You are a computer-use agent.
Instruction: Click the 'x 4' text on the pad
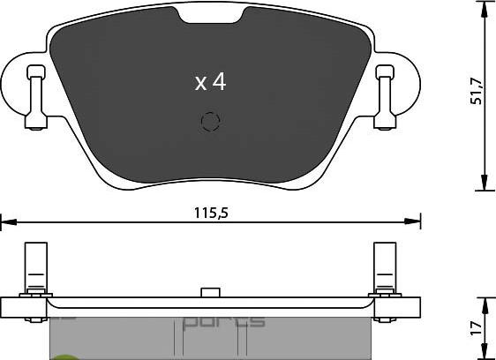click(x=210, y=83)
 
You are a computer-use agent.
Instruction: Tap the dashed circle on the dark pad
click(x=210, y=121)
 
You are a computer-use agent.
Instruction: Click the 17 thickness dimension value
click(x=477, y=328)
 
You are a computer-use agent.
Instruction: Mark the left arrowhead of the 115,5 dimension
click(x=6, y=221)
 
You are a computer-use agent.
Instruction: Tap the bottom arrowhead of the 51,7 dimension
click(x=485, y=184)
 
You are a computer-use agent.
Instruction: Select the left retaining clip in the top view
click(x=35, y=95)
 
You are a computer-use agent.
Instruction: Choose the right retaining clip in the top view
click(x=385, y=95)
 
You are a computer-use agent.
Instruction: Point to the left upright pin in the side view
click(x=34, y=265)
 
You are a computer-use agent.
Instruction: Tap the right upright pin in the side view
click(x=385, y=265)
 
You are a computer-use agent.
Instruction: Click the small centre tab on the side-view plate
click(x=210, y=292)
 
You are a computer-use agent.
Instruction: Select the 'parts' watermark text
click(x=222, y=320)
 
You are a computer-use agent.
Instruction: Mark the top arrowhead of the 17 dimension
click(x=485, y=303)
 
